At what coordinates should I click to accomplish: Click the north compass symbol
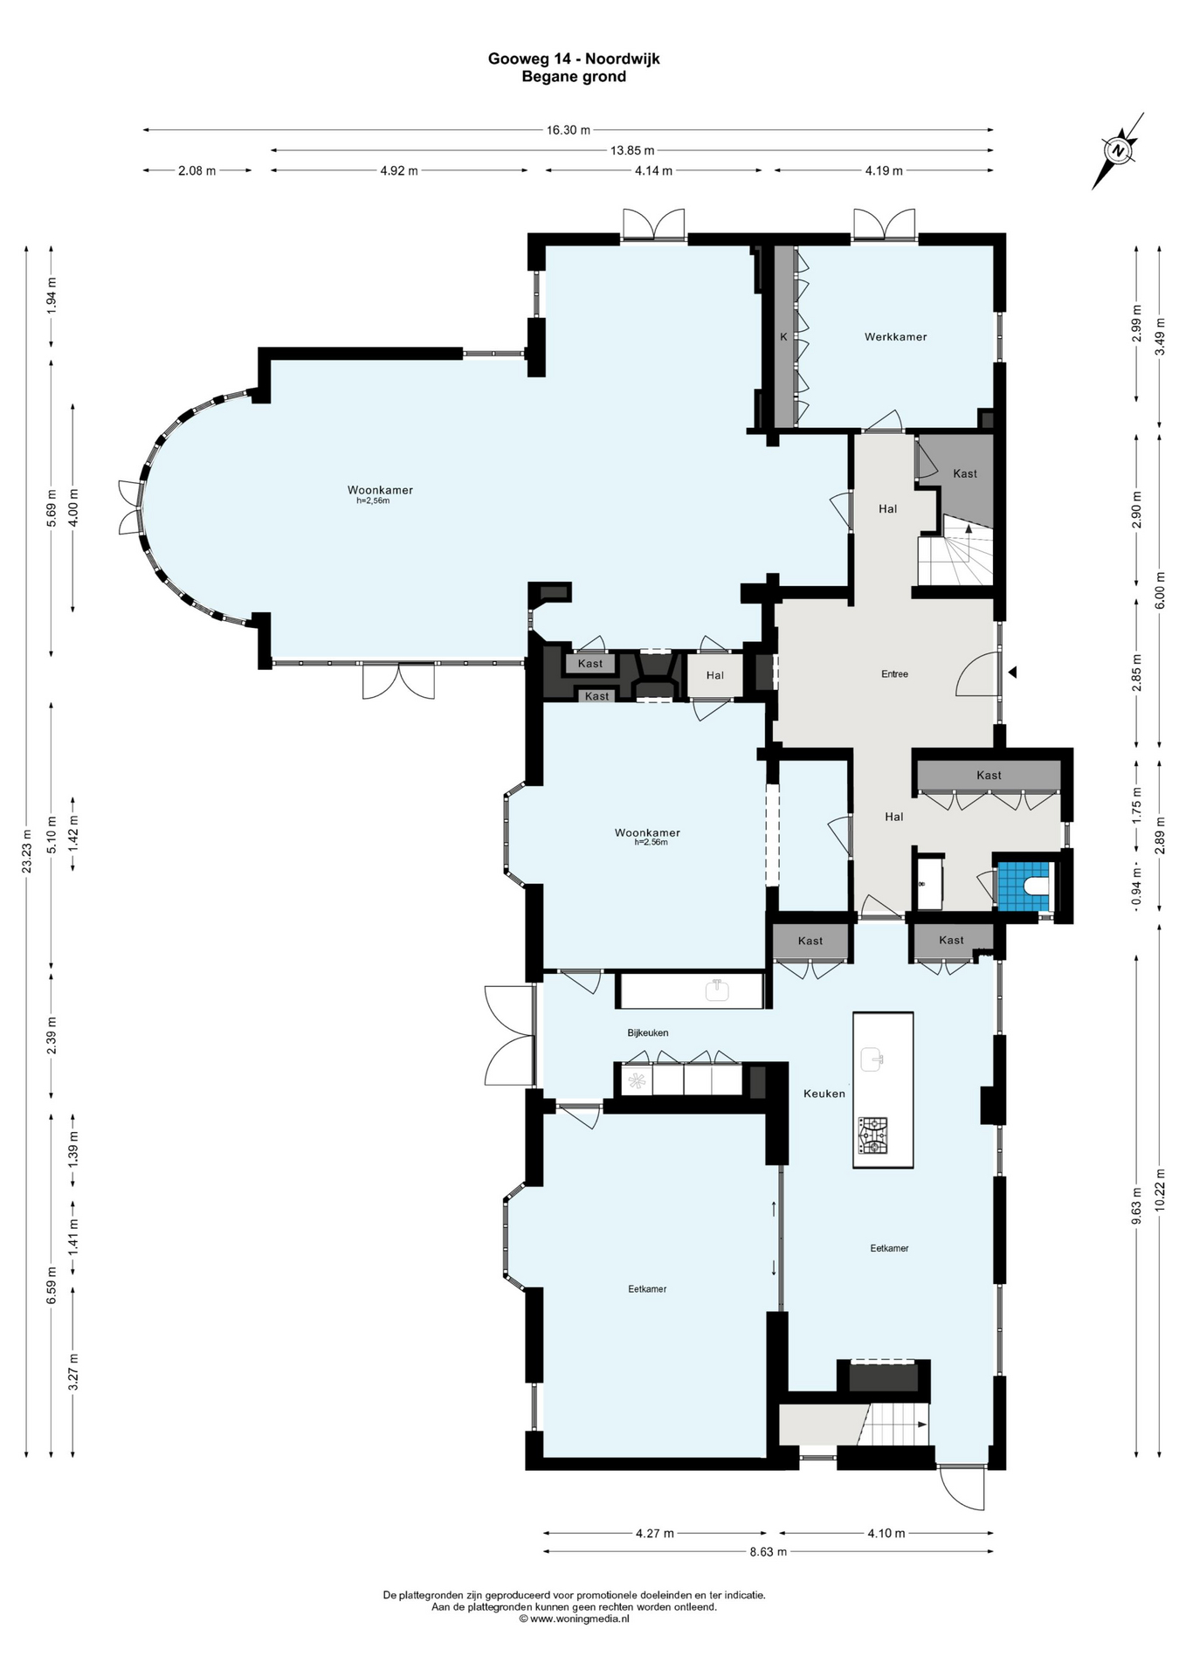(1118, 150)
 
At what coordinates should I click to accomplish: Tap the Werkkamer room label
(895, 336)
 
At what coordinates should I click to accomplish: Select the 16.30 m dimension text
(569, 130)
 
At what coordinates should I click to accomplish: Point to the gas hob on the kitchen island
(872, 1135)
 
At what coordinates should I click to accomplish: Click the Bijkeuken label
(648, 1032)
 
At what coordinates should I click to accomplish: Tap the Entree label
(894, 673)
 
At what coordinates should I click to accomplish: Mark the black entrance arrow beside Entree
(1012, 673)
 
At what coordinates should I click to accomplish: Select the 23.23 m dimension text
(27, 850)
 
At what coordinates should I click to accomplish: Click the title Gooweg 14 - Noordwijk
(574, 59)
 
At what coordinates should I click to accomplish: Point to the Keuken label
(824, 1093)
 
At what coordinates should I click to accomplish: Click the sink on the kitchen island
(873, 1059)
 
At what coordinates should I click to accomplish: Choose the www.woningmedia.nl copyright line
(574, 1618)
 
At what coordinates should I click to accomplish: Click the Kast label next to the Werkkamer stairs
(965, 473)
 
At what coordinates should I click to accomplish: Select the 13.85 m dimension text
(632, 150)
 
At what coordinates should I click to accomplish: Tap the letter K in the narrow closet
(783, 336)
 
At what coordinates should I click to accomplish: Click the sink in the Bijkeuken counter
(717, 990)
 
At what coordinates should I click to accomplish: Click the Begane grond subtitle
(574, 77)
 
